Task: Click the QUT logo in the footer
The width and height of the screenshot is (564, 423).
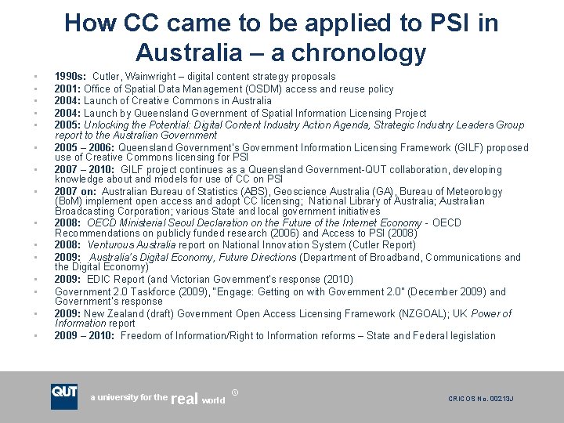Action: pos(64,396)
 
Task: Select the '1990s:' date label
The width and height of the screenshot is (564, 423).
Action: pos(70,77)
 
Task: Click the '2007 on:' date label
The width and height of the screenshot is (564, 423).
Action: pos(77,192)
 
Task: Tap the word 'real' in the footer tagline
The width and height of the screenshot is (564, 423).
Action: pos(183,399)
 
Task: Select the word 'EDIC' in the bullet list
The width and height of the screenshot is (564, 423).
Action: pos(101,280)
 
